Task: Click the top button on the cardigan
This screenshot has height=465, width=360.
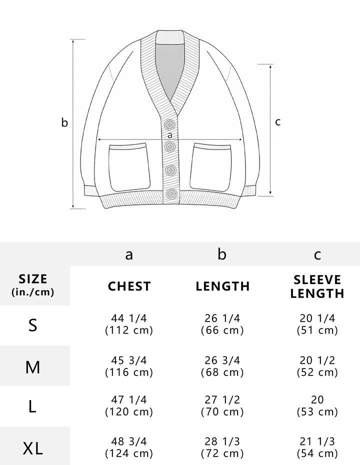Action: pos(169,124)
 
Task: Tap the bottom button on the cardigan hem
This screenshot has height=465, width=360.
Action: pos(171,194)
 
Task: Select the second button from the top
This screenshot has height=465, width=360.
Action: pos(170,146)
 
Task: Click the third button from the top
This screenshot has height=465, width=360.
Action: pos(171,170)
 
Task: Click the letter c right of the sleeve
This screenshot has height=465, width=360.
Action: pos(277,122)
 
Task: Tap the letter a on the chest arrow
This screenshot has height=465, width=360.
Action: pos(169,135)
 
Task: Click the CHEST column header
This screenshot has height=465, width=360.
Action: pos(129,286)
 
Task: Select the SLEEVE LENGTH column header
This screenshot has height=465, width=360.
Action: pos(317,286)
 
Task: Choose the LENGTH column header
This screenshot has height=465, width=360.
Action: pos(222,286)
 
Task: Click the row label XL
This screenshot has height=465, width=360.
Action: pos(32,448)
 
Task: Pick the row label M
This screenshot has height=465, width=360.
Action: pos(32,367)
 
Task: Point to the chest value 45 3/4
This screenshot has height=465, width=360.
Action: pos(129,360)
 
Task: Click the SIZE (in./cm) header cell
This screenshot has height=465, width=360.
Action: pos(33,285)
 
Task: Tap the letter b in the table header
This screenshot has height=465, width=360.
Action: pos(222,254)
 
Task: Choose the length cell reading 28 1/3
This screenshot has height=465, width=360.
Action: pos(222,441)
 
